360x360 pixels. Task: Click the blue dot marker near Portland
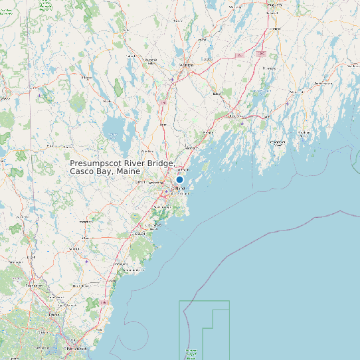[179, 179]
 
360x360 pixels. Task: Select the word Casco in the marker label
[82, 172]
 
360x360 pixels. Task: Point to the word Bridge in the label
[161, 163]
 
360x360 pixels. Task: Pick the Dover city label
[52, 314]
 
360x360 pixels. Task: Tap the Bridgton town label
[86, 78]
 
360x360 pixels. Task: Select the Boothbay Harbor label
[278, 142]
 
